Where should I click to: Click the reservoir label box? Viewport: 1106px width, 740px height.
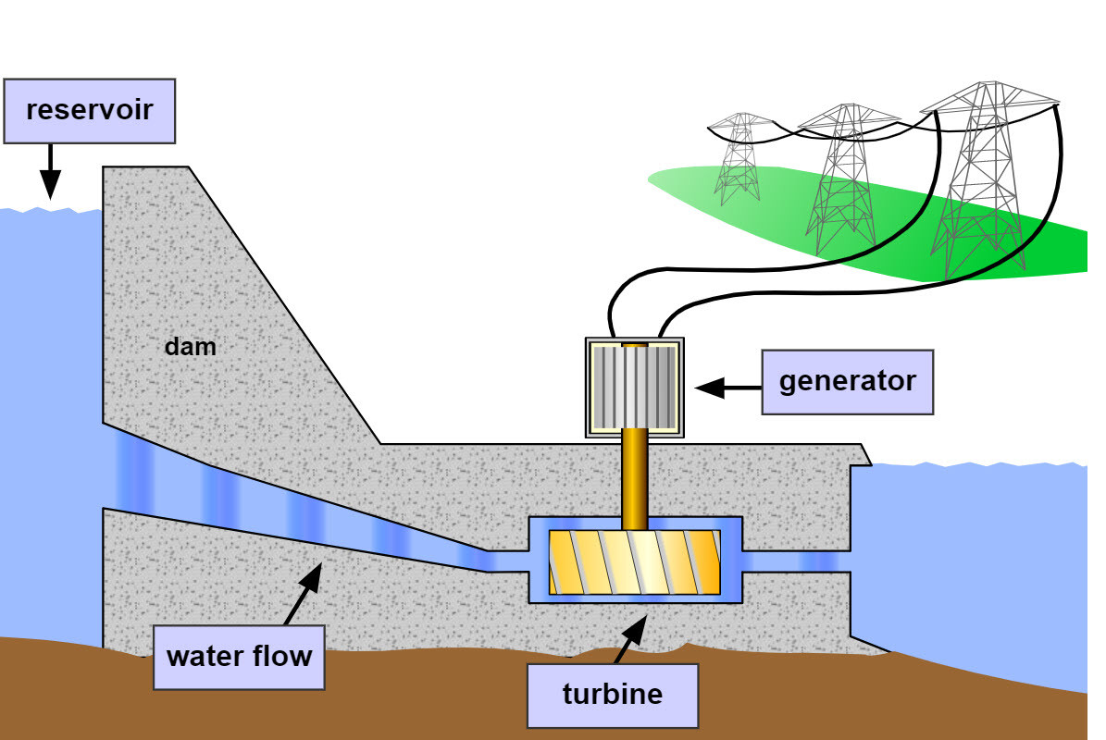[89, 110]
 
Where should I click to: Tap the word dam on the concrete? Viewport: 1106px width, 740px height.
[190, 347]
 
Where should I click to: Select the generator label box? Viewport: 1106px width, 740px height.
[847, 381]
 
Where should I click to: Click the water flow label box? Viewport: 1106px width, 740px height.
[239, 658]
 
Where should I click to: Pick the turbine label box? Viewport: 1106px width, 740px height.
[612, 694]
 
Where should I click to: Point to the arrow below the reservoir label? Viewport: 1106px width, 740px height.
[50, 171]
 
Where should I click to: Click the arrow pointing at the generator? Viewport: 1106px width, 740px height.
[727, 388]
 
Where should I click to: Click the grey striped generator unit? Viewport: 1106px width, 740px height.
[634, 387]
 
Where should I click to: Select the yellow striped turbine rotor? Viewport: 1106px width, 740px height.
[635, 562]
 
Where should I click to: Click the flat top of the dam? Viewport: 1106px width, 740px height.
[145, 170]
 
